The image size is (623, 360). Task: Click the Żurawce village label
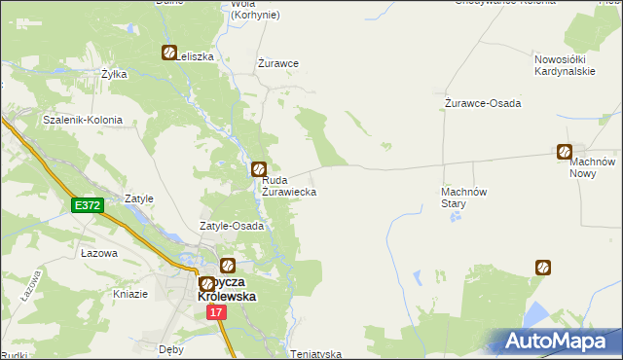point(277,63)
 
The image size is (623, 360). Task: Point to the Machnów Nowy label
point(595,166)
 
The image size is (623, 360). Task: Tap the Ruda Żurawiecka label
point(288,186)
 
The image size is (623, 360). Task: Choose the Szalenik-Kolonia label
point(83,121)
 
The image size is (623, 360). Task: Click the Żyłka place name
point(115,74)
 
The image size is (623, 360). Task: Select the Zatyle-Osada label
point(232,226)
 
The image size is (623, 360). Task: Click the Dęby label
point(171,346)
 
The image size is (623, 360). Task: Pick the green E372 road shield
point(87,205)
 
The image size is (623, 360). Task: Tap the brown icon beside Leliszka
point(168,54)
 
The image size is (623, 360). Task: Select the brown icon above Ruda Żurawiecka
point(259,169)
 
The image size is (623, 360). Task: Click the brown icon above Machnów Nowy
point(565,151)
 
